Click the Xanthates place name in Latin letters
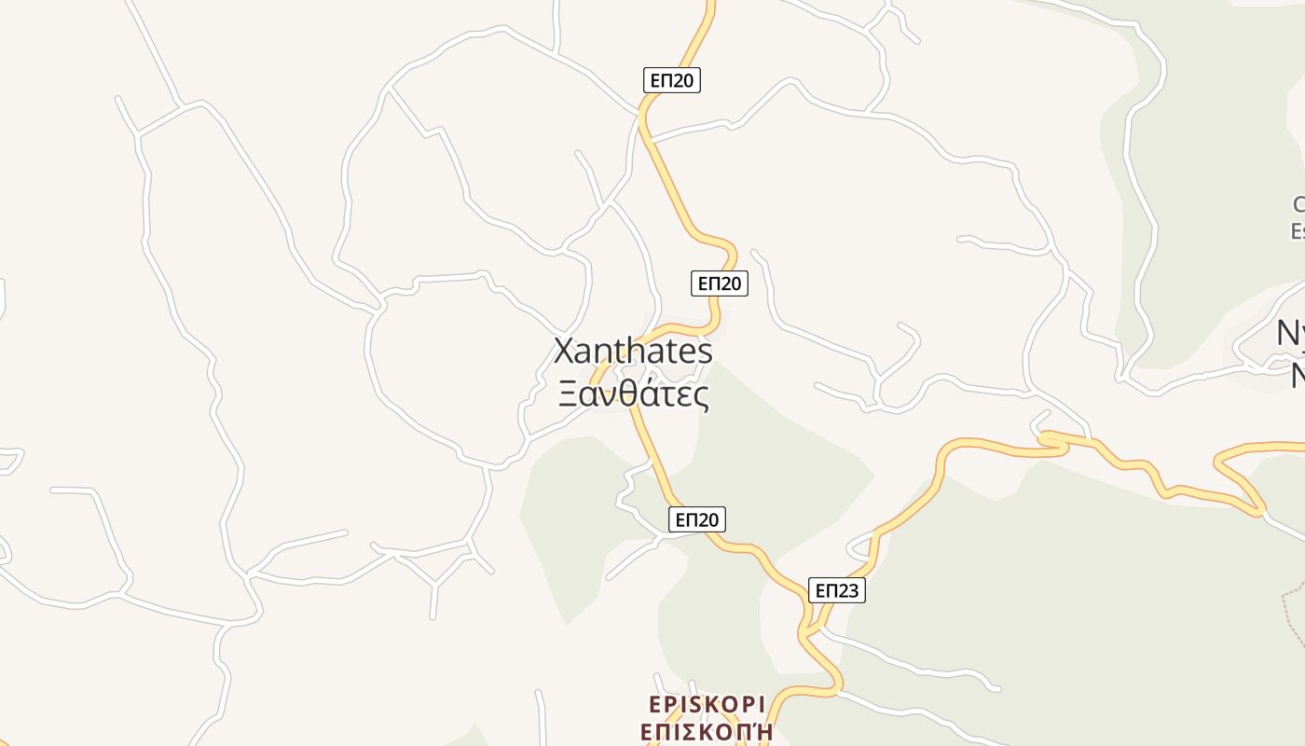click(x=633, y=352)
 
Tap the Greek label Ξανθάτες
click(x=633, y=394)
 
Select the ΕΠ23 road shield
click(x=835, y=590)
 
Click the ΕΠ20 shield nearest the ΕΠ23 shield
click(x=696, y=519)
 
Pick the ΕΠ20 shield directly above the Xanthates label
click(x=719, y=283)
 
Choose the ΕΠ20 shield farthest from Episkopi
click(x=671, y=80)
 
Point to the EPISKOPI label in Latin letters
click(x=707, y=704)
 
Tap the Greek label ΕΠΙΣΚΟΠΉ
click(x=707, y=731)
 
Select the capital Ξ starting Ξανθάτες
click(x=568, y=394)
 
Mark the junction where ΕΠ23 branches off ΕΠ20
click(x=808, y=635)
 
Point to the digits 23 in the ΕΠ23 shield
click(x=848, y=590)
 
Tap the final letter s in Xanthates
click(x=705, y=353)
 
